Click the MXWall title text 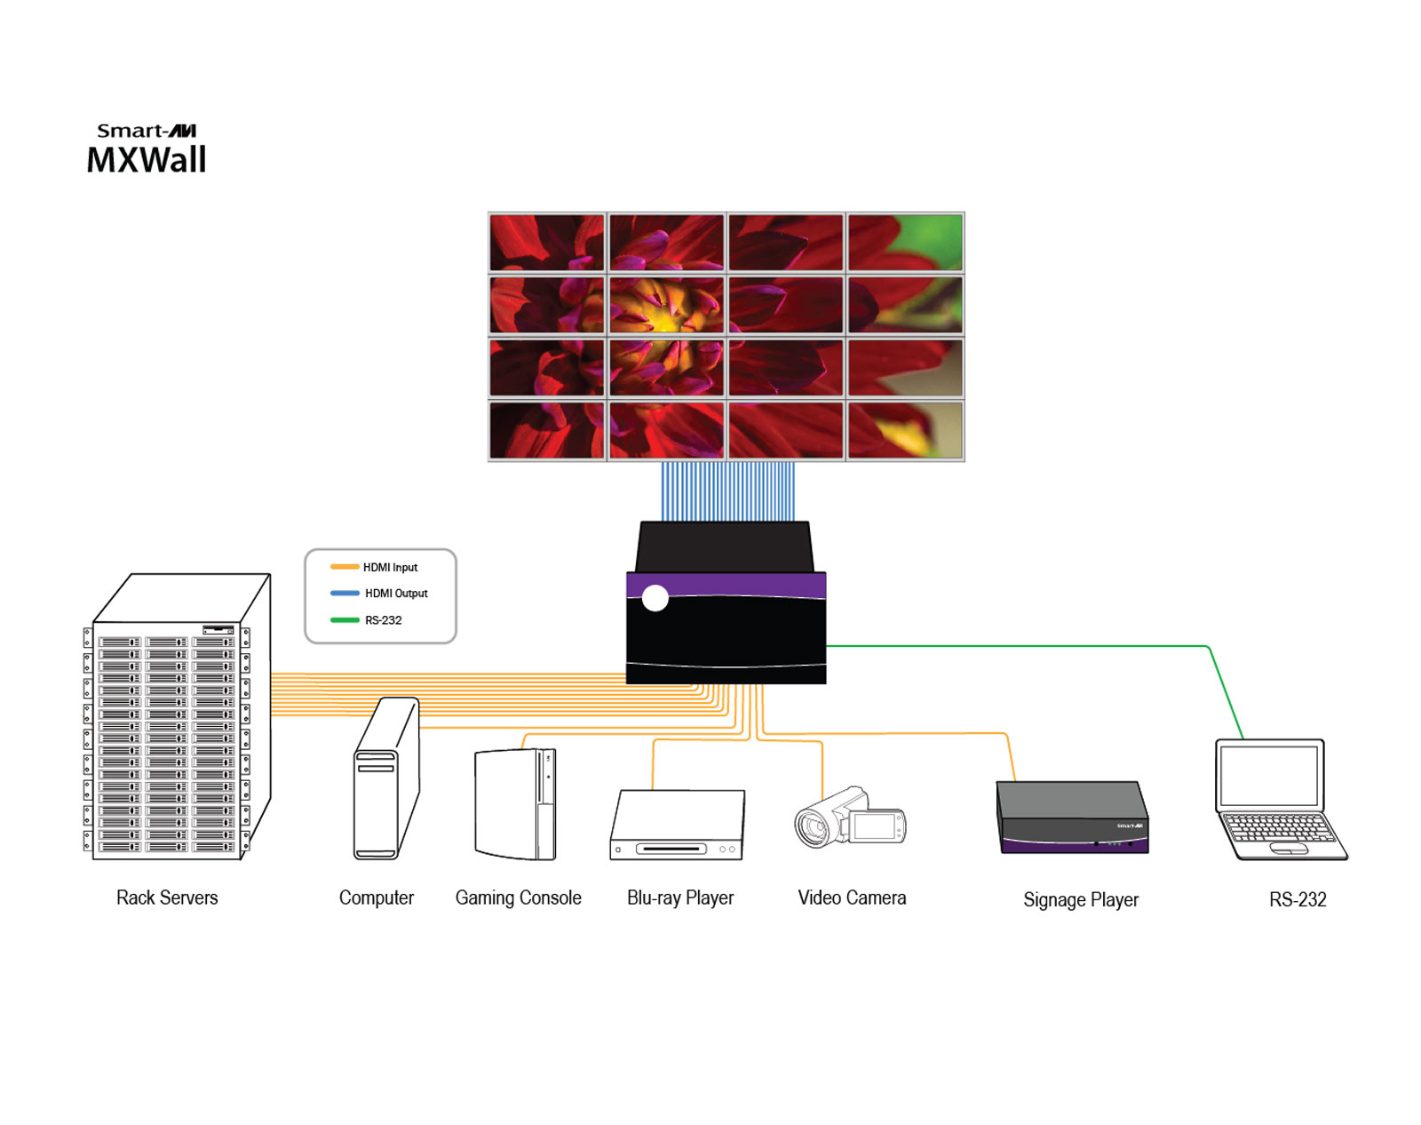tap(147, 160)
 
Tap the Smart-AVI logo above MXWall tap(147, 131)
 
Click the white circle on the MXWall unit tap(655, 598)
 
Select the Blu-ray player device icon tap(678, 826)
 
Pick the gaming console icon tap(516, 804)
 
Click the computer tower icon tap(385, 782)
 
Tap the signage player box tap(1072, 818)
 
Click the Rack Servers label tap(167, 898)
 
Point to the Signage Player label tap(1080, 899)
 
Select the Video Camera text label tap(851, 898)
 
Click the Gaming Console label tap(518, 898)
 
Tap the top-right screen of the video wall tap(905, 242)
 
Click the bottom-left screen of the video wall tap(546, 430)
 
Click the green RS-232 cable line tap(1021, 646)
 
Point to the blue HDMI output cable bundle tap(727, 491)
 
